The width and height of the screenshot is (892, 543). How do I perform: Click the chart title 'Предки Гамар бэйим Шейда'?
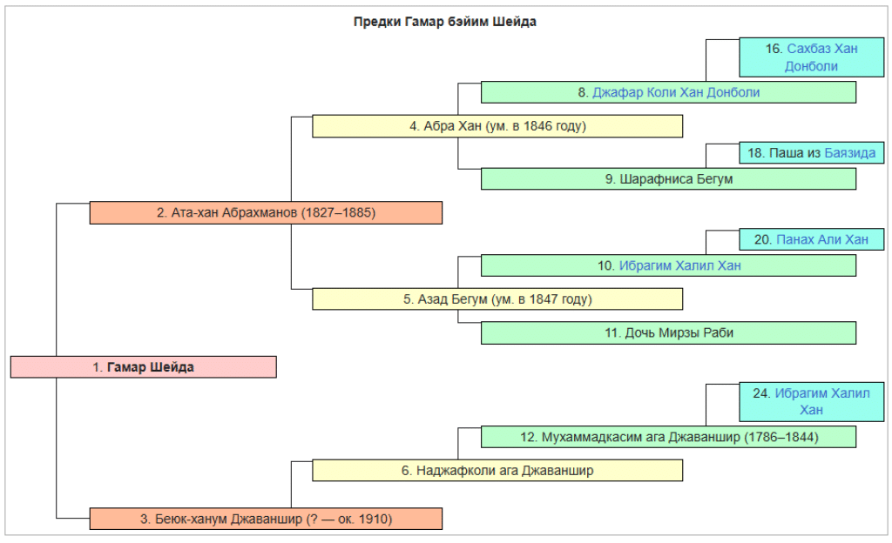(x=444, y=22)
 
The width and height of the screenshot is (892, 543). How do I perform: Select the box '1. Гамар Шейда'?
(x=144, y=367)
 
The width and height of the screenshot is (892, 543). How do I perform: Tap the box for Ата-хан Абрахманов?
(x=266, y=212)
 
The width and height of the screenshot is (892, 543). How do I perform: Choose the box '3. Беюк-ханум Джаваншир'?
(x=266, y=520)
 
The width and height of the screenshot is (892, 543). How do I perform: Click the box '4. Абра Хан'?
(x=497, y=126)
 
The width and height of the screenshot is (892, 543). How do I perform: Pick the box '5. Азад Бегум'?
(x=497, y=299)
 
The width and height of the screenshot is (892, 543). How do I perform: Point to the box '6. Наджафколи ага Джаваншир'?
(x=497, y=471)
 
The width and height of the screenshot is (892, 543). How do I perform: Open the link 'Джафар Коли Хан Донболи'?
(x=676, y=92)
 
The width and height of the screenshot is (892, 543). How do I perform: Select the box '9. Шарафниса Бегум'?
(x=668, y=179)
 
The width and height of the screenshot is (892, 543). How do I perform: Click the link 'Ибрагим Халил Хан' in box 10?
(x=679, y=265)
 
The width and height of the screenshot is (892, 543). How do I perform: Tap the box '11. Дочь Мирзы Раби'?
(x=668, y=332)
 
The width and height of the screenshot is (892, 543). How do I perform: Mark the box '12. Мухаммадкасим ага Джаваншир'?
(x=668, y=437)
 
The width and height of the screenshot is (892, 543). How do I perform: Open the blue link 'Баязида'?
(x=850, y=153)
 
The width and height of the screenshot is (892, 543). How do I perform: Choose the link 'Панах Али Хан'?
(x=822, y=239)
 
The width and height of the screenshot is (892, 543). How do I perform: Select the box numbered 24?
(x=811, y=401)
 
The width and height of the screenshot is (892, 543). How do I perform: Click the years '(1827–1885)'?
(x=339, y=212)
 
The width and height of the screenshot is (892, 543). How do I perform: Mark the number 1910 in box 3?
(x=374, y=520)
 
